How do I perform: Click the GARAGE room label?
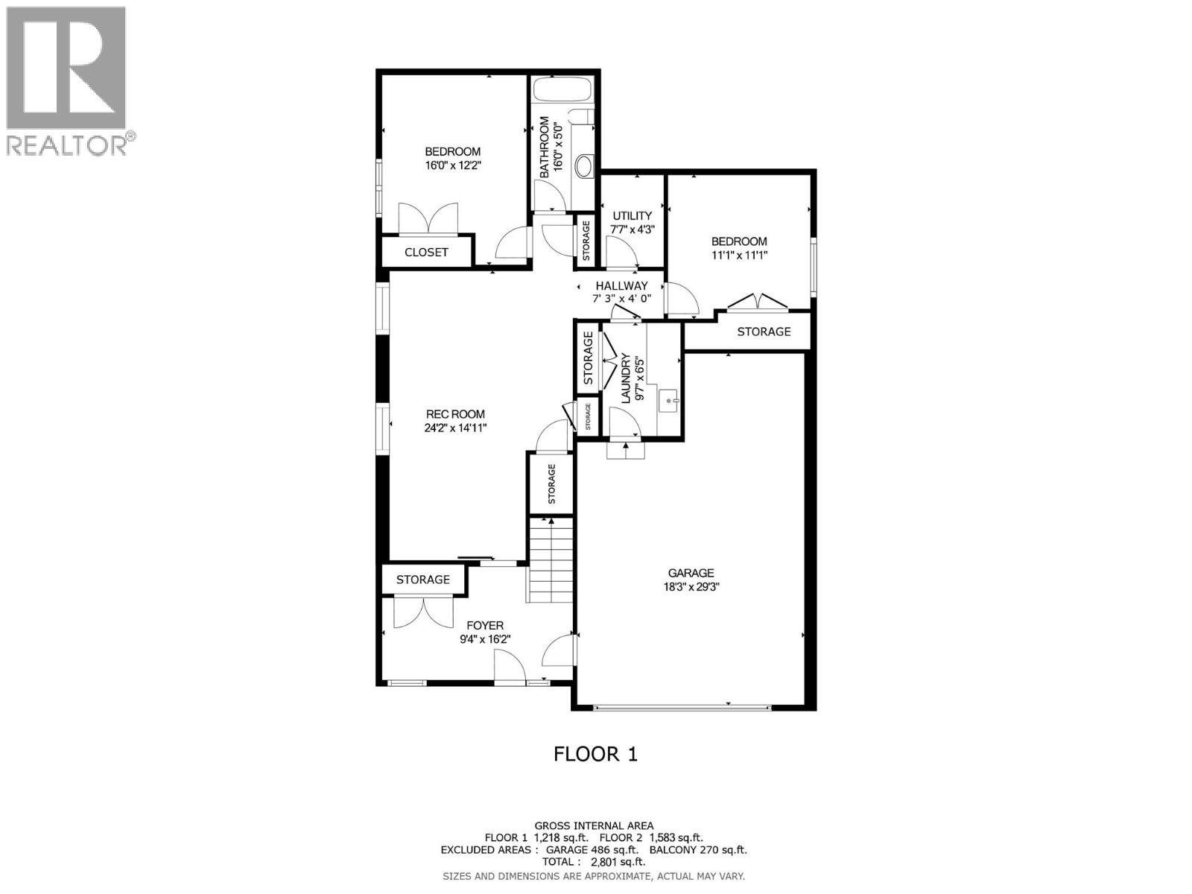pyautogui.click(x=691, y=573)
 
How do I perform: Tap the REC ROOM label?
pyautogui.click(x=455, y=414)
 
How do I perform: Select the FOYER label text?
pyautogui.click(x=485, y=626)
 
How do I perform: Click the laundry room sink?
pyautogui.click(x=668, y=401)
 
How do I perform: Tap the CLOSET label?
pyautogui.click(x=426, y=253)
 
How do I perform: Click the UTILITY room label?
pyautogui.click(x=632, y=216)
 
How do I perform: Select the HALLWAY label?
pyautogui.click(x=621, y=286)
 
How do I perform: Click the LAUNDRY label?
pyautogui.click(x=626, y=379)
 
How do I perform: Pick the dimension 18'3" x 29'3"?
pyautogui.click(x=691, y=586)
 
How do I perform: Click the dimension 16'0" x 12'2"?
pyautogui.click(x=453, y=165)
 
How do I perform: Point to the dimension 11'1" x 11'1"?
pyautogui.click(x=739, y=255)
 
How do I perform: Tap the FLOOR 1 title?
pyautogui.click(x=595, y=754)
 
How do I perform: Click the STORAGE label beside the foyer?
pyautogui.click(x=422, y=580)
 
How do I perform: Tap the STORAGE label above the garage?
pyautogui.click(x=764, y=332)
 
